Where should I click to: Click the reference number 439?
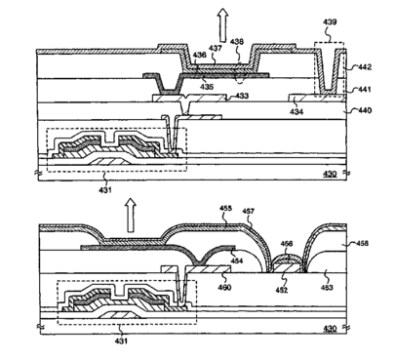(x=330, y=22)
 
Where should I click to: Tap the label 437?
(x=216, y=48)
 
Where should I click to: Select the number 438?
(x=237, y=42)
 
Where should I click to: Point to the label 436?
(x=199, y=55)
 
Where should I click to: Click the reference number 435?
(x=207, y=87)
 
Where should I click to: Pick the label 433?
(x=242, y=96)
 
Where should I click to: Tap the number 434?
(x=296, y=111)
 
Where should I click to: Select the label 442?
(x=365, y=67)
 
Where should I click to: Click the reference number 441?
(x=365, y=89)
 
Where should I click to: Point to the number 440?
(x=365, y=110)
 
